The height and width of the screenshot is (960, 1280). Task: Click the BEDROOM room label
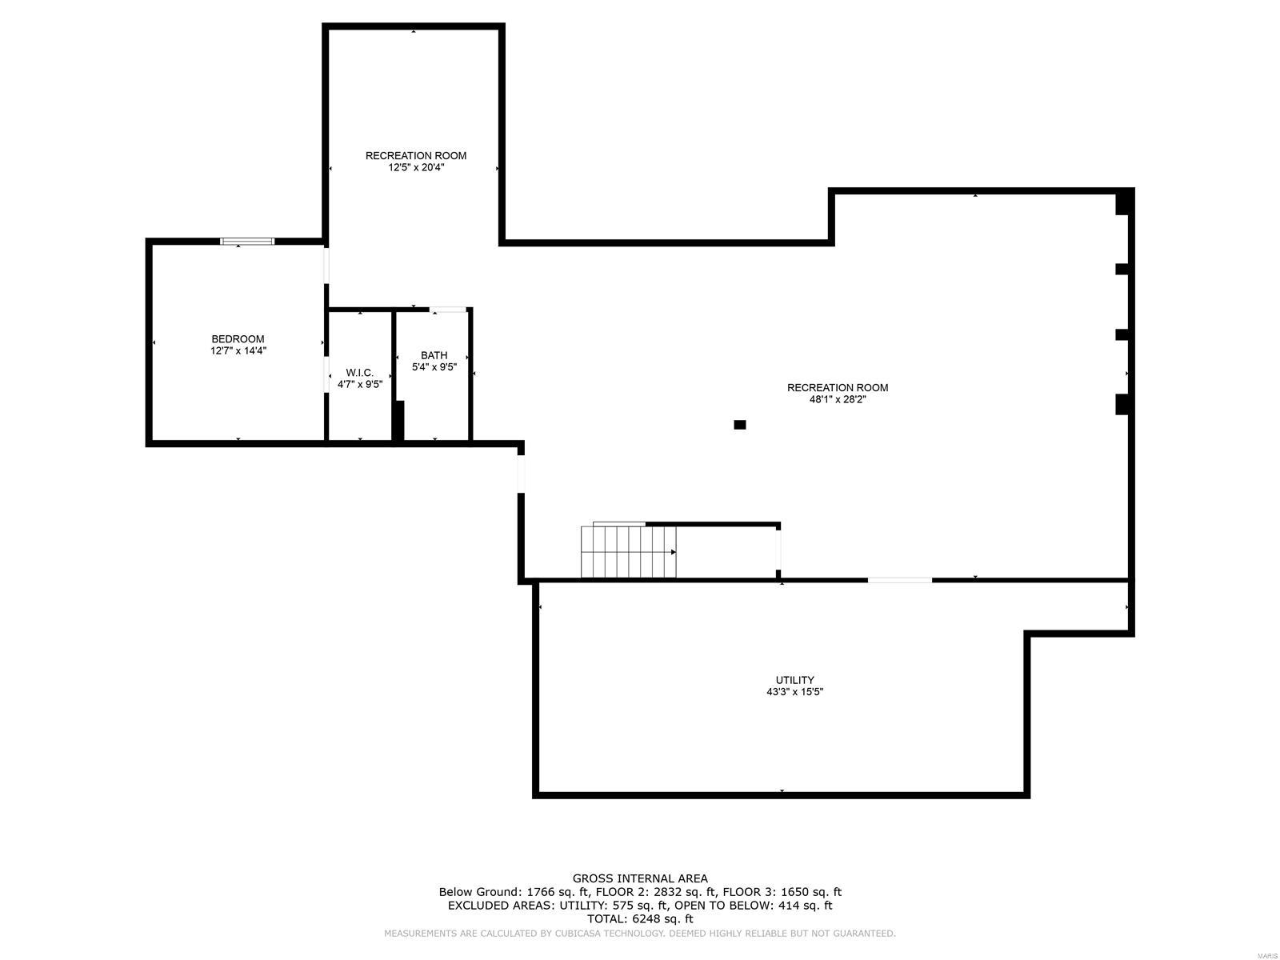[238, 339]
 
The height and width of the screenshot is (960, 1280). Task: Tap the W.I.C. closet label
[360, 373]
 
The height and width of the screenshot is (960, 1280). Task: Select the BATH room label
[434, 355]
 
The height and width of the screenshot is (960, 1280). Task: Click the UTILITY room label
[794, 680]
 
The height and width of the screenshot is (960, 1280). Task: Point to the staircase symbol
[629, 552]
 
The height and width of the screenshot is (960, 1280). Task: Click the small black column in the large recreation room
[740, 425]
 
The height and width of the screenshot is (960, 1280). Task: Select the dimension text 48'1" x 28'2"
[838, 399]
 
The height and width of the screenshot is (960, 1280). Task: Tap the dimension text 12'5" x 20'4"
[416, 168]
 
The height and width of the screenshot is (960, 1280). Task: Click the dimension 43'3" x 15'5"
[794, 692]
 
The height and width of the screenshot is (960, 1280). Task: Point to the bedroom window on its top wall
[248, 241]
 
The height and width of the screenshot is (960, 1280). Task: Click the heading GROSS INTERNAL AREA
[640, 878]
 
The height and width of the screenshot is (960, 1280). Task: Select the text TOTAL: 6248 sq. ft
[640, 919]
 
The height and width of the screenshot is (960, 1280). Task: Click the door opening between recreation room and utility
[900, 579]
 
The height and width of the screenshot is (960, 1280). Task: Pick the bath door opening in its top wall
[448, 309]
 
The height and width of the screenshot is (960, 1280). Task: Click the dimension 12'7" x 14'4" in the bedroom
[238, 350]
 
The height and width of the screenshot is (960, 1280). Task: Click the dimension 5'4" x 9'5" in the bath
[434, 367]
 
